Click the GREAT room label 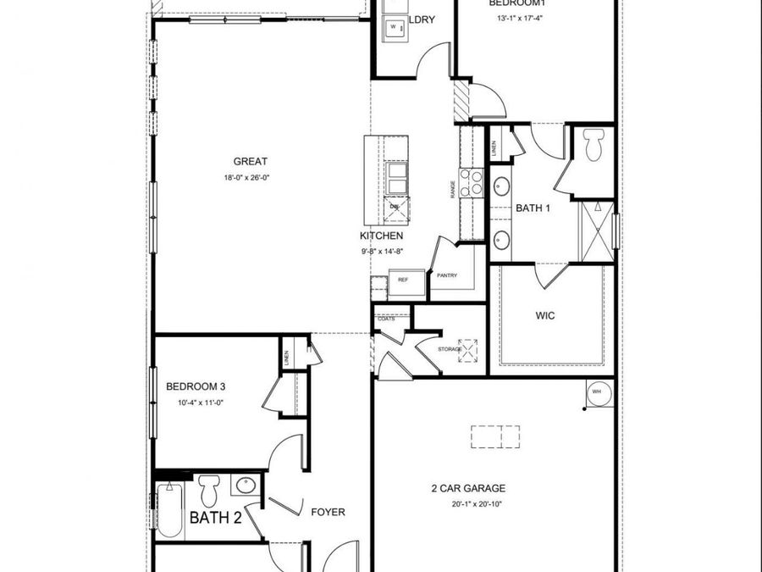(x=251, y=162)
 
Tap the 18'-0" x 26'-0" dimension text (x=251, y=178)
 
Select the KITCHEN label (x=381, y=236)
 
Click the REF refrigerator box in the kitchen (x=401, y=280)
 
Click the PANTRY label (x=446, y=275)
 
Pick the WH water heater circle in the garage (x=595, y=392)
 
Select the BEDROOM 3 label (x=196, y=386)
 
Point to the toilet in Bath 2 (x=209, y=491)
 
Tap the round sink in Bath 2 (x=245, y=486)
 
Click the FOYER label (x=328, y=512)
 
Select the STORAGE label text (x=450, y=349)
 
